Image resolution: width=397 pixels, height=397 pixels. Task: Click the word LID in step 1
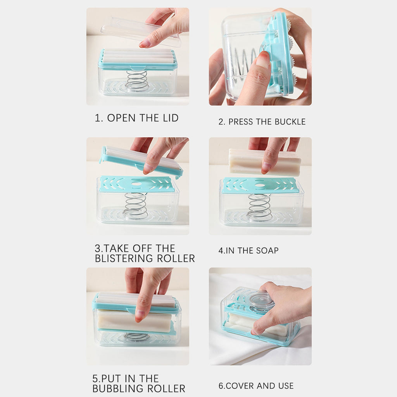(171, 118)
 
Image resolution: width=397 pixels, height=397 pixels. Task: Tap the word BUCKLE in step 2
(290, 122)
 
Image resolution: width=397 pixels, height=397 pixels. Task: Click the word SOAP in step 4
(268, 251)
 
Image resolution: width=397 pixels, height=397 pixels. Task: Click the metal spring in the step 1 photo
(137, 81)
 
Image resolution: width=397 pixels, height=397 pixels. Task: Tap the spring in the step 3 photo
(135, 205)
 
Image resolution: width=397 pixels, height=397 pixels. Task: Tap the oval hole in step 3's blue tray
(137, 184)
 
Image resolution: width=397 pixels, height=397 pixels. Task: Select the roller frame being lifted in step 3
(141, 161)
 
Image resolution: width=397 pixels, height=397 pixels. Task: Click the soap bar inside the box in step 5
(135, 321)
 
